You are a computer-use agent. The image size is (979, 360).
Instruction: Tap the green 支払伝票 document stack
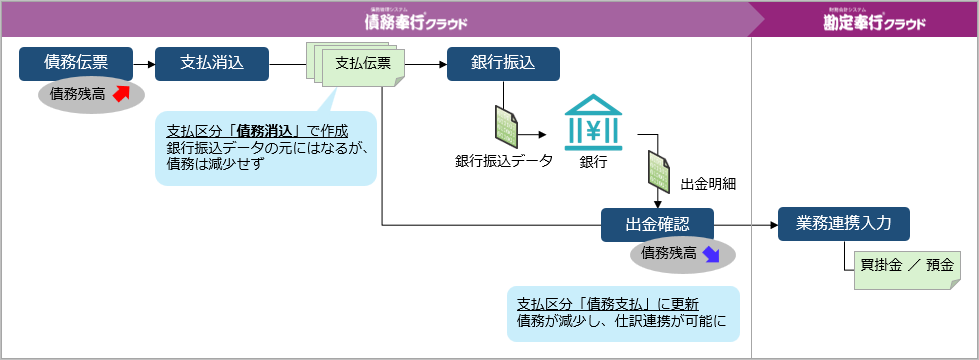(x=361, y=65)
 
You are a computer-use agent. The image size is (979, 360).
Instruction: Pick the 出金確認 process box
(x=657, y=225)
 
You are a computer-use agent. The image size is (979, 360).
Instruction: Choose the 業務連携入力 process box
(x=843, y=225)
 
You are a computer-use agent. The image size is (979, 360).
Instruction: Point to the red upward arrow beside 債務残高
(x=121, y=94)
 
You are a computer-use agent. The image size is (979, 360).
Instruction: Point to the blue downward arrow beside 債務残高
(x=711, y=254)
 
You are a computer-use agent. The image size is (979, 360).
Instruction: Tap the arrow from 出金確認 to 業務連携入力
(x=746, y=225)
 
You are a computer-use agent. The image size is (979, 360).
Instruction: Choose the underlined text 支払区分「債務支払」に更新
(x=607, y=304)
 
